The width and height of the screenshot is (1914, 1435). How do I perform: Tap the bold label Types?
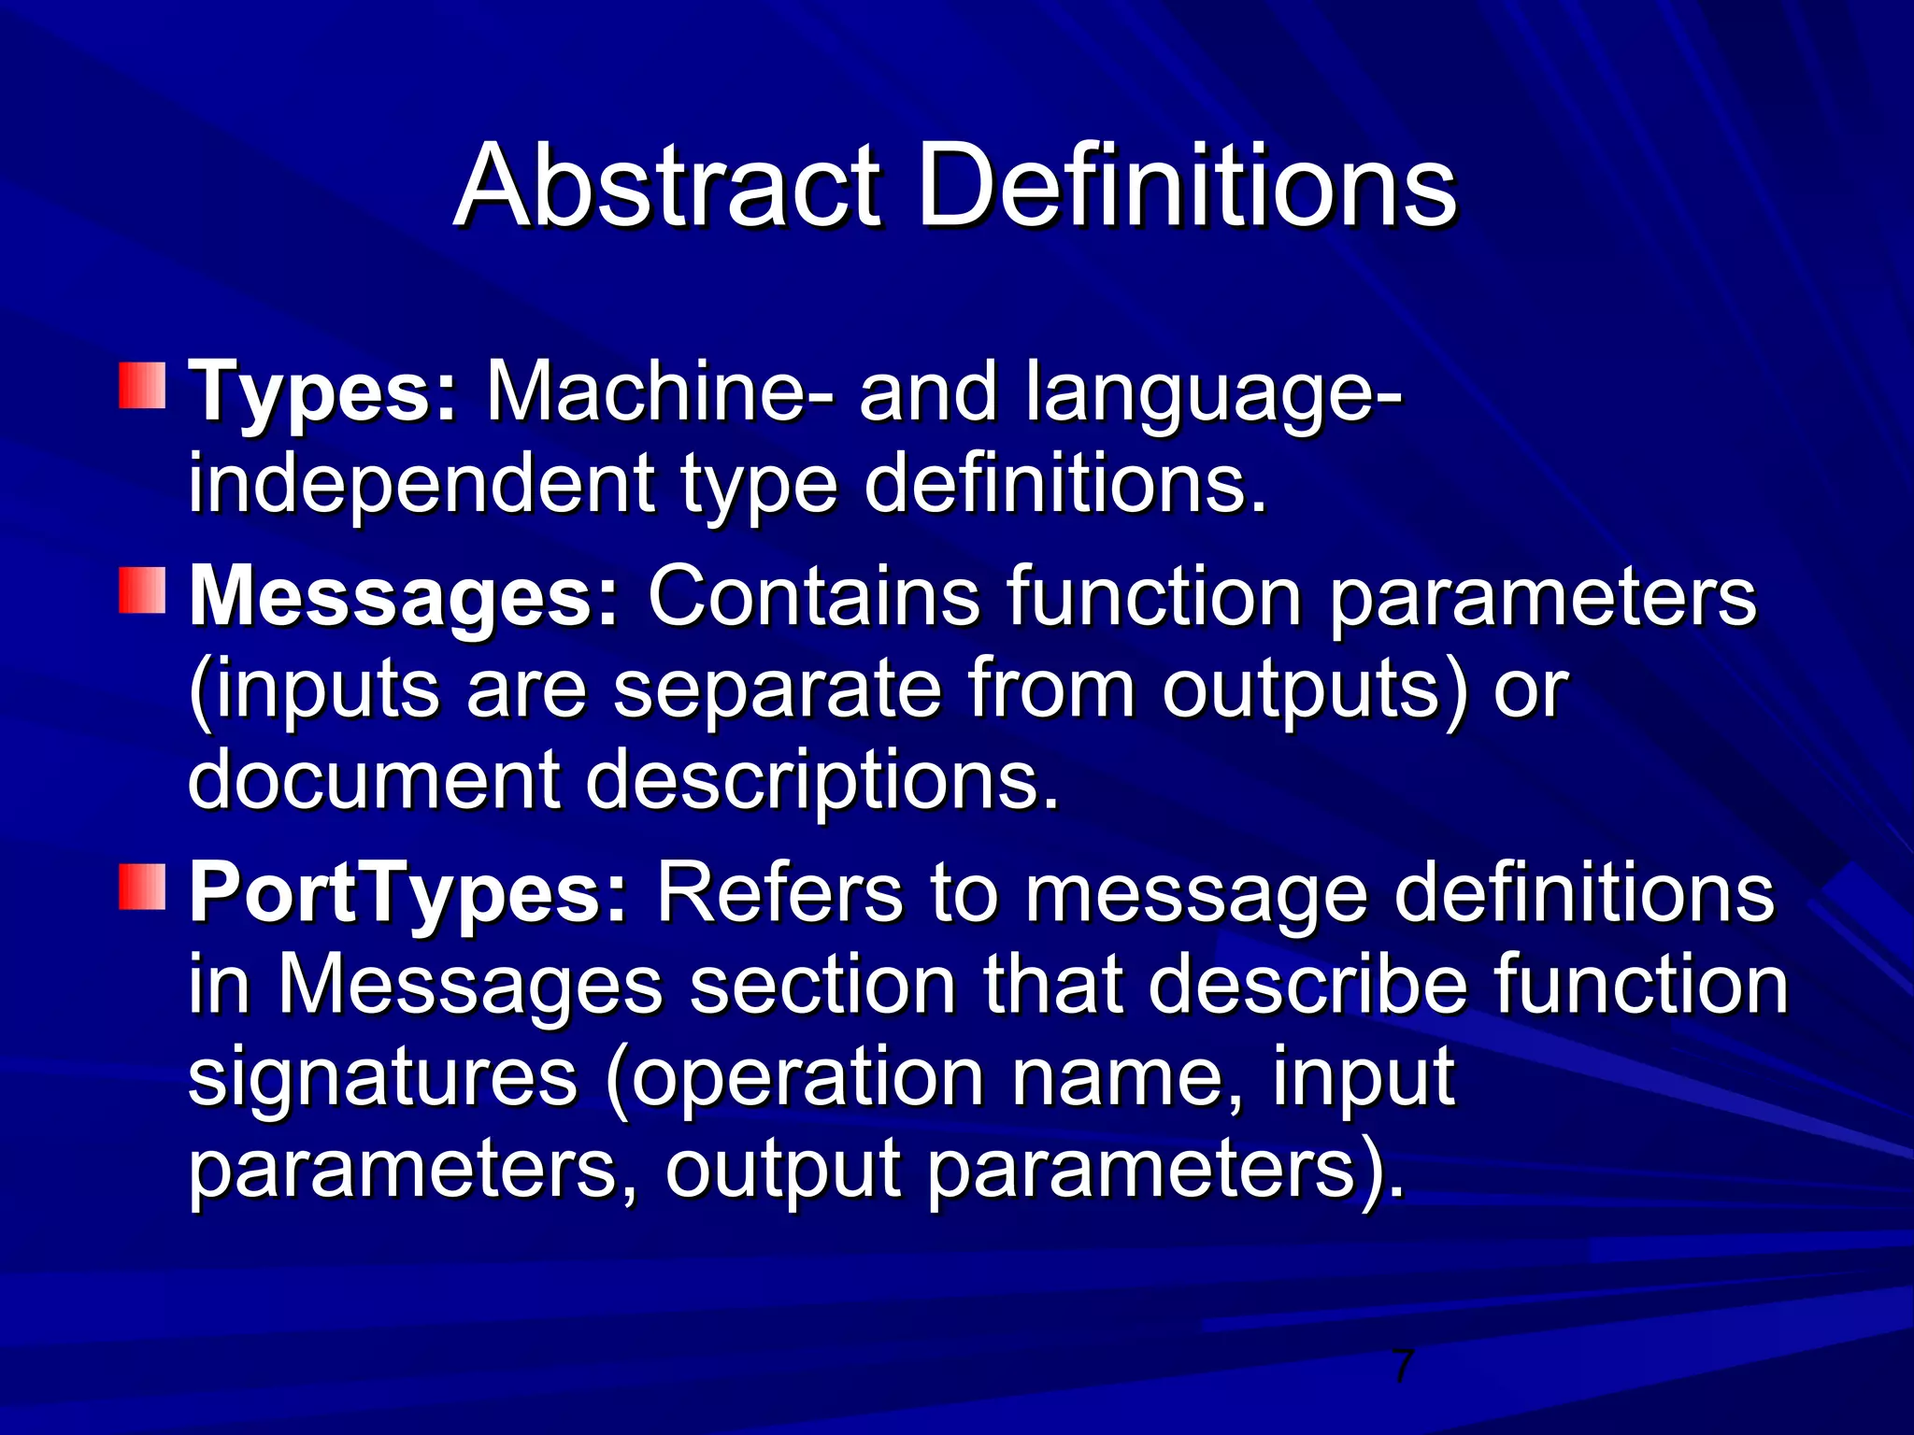(x=323, y=393)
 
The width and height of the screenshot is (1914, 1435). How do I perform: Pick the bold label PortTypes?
(x=407, y=892)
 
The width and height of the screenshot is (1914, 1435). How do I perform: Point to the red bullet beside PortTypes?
(x=142, y=887)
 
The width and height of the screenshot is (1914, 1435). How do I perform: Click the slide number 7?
(x=1402, y=1367)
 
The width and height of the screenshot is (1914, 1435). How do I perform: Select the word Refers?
(x=779, y=892)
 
